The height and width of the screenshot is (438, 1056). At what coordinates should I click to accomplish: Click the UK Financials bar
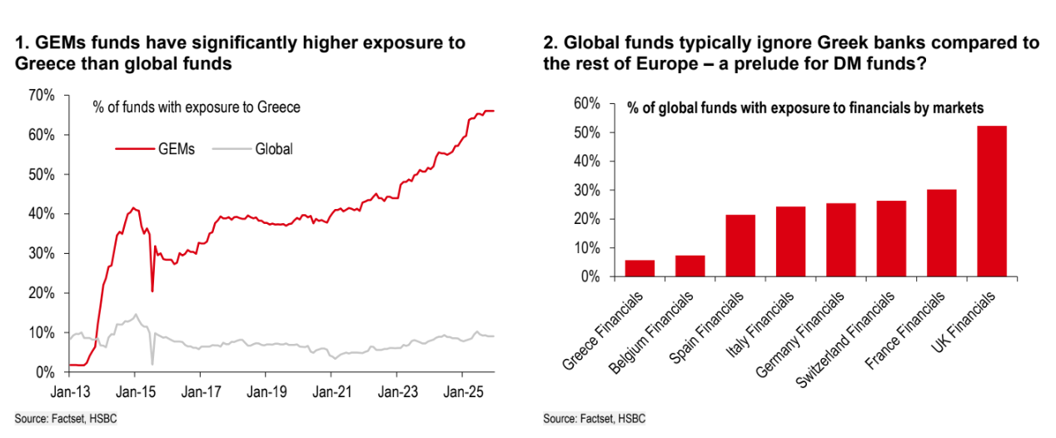coord(990,201)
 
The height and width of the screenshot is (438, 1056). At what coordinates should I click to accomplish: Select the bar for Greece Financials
coord(640,268)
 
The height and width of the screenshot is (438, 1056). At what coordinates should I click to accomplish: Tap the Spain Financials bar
coord(740,246)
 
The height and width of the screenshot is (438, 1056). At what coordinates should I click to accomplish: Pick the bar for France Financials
coord(940,233)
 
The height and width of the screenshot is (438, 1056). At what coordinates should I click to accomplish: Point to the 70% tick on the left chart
coord(40,96)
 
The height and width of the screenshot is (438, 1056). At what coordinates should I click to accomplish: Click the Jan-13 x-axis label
coord(66,389)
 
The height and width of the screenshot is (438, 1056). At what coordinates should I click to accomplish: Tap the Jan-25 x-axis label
coord(463,389)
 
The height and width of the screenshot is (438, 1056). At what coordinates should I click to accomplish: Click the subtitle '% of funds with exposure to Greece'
coord(196,107)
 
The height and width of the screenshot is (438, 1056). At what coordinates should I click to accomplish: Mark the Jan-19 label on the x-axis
coord(265,389)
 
